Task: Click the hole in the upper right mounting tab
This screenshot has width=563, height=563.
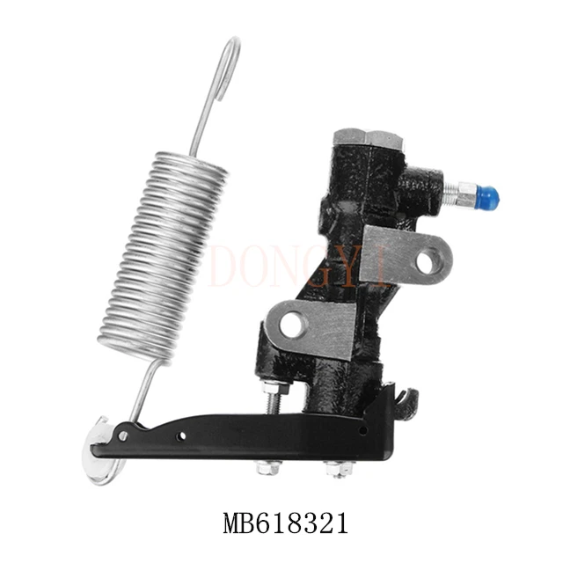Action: (x=426, y=261)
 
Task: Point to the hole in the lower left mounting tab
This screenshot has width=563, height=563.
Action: (x=292, y=325)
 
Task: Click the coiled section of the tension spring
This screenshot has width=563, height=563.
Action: (x=163, y=255)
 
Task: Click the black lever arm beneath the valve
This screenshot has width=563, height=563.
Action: (x=246, y=435)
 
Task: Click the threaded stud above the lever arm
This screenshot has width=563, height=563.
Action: (x=274, y=401)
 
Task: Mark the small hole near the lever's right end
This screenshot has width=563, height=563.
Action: (x=363, y=431)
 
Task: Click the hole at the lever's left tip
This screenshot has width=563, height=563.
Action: (x=121, y=435)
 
